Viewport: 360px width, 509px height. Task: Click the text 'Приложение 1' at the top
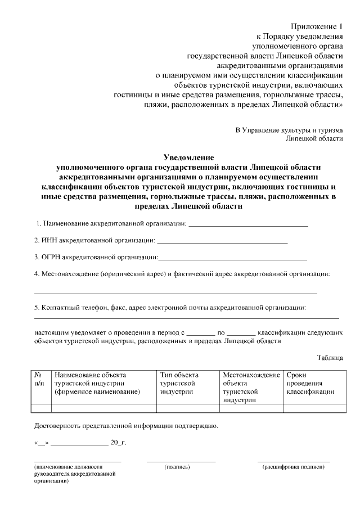tap(317, 26)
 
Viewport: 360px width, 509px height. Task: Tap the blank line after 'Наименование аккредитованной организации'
tap(248, 224)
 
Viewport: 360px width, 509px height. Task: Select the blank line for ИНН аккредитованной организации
tap(223, 241)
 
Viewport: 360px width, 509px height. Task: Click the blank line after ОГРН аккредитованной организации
tap(233, 258)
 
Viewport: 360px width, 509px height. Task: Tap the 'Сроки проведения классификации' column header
tap(310, 383)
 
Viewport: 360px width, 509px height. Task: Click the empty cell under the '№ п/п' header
tap(40, 408)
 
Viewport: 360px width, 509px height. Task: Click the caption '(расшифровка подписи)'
tap(293, 467)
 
